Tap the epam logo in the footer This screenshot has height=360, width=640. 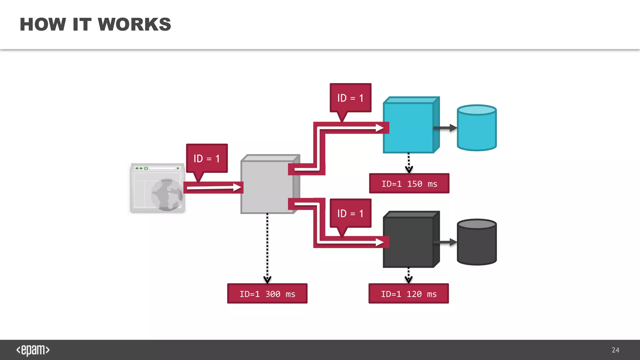pyautogui.click(x=33, y=350)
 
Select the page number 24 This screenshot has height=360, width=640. pyautogui.click(x=615, y=350)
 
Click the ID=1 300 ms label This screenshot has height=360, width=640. pyautogui.click(x=267, y=294)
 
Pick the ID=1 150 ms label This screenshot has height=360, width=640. pyautogui.click(x=409, y=184)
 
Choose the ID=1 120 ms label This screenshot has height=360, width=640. pyautogui.click(x=408, y=294)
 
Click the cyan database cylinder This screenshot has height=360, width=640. pyautogui.click(x=477, y=130)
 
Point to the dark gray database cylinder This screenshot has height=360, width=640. pyautogui.click(x=477, y=244)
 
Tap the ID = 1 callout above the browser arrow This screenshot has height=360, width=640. pyautogui.click(x=207, y=158)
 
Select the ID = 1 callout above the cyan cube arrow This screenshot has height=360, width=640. pyautogui.click(x=350, y=98)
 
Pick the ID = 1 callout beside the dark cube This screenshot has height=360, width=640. pyautogui.click(x=350, y=213)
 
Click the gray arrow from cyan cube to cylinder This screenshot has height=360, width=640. pyautogui.click(x=445, y=128)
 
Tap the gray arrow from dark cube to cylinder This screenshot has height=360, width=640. pyautogui.click(x=445, y=242)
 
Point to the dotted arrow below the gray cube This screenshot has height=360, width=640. pyautogui.click(x=267, y=247)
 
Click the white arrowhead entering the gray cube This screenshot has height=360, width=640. pyautogui.click(x=237, y=187)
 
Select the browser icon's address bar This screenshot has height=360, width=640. pyautogui.click(x=162, y=168)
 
